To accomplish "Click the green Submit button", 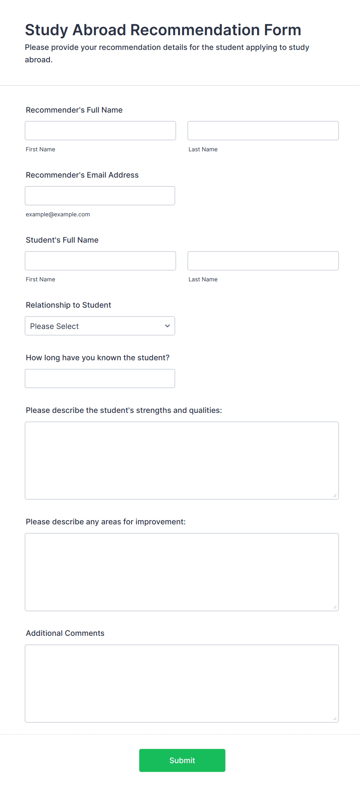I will [x=182, y=760].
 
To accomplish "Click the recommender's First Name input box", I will [x=100, y=131].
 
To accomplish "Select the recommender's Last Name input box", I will [x=263, y=131].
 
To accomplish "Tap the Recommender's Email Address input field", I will [x=100, y=196].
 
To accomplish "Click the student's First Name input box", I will [x=100, y=261].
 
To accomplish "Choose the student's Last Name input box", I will [x=263, y=261].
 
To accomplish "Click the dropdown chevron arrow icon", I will [x=167, y=326].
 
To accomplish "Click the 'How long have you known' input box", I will [x=100, y=378].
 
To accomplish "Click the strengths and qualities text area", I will [x=182, y=461].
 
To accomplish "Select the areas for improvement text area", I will [x=182, y=572].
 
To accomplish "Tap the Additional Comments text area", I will [x=182, y=683].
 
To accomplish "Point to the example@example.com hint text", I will [x=58, y=214].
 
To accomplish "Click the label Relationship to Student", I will [x=68, y=305].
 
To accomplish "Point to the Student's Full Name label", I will [x=62, y=240].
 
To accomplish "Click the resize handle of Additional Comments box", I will [x=335, y=719].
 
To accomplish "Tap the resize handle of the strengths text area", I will [x=335, y=496].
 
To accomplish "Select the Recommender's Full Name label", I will [x=74, y=110].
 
